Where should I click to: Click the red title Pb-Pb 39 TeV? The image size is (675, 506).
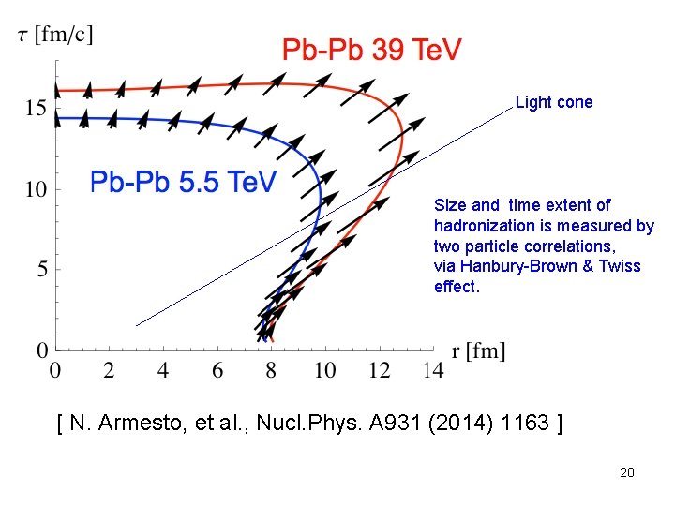pyautogui.click(x=371, y=50)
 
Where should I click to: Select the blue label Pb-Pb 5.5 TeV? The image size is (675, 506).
pyautogui.click(x=183, y=181)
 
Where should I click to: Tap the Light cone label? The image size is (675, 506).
pyautogui.click(x=554, y=102)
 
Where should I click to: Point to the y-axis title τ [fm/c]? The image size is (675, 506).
pyautogui.click(x=56, y=35)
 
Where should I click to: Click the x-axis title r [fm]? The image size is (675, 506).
pyautogui.click(x=478, y=351)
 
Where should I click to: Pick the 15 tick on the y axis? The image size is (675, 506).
pyautogui.click(x=37, y=109)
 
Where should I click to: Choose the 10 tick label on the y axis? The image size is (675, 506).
pyautogui.click(x=37, y=189)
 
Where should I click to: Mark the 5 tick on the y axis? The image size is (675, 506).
pyautogui.click(x=41, y=270)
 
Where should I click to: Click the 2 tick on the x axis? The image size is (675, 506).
pyautogui.click(x=109, y=371)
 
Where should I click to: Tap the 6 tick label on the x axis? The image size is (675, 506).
pyautogui.click(x=217, y=371)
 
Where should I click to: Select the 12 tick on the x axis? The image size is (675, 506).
pyautogui.click(x=379, y=371)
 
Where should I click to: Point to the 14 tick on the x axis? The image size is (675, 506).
pyautogui.click(x=433, y=371)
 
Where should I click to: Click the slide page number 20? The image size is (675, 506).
pyautogui.click(x=627, y=472)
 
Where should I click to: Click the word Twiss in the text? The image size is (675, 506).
pyautogui.click(x=622, y=266)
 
